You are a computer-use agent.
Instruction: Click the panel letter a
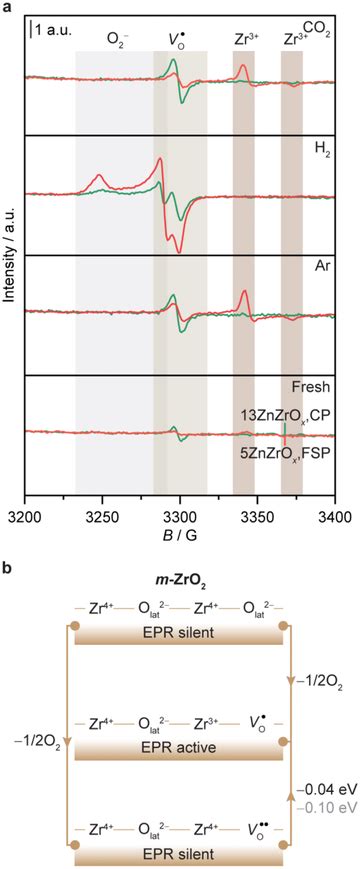click(x=8, y=8)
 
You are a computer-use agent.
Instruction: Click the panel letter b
click(x=8, y=567)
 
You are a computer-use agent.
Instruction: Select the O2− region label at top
click(x=117, y=40)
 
